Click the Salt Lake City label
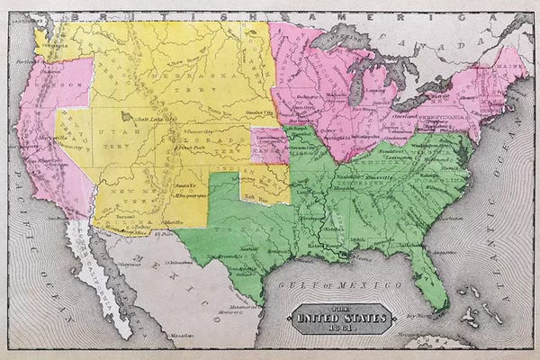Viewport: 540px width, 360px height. pyautogui.click(x=154, y=118)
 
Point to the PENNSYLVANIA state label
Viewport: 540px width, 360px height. pyautogui.click(x=438, y=116)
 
